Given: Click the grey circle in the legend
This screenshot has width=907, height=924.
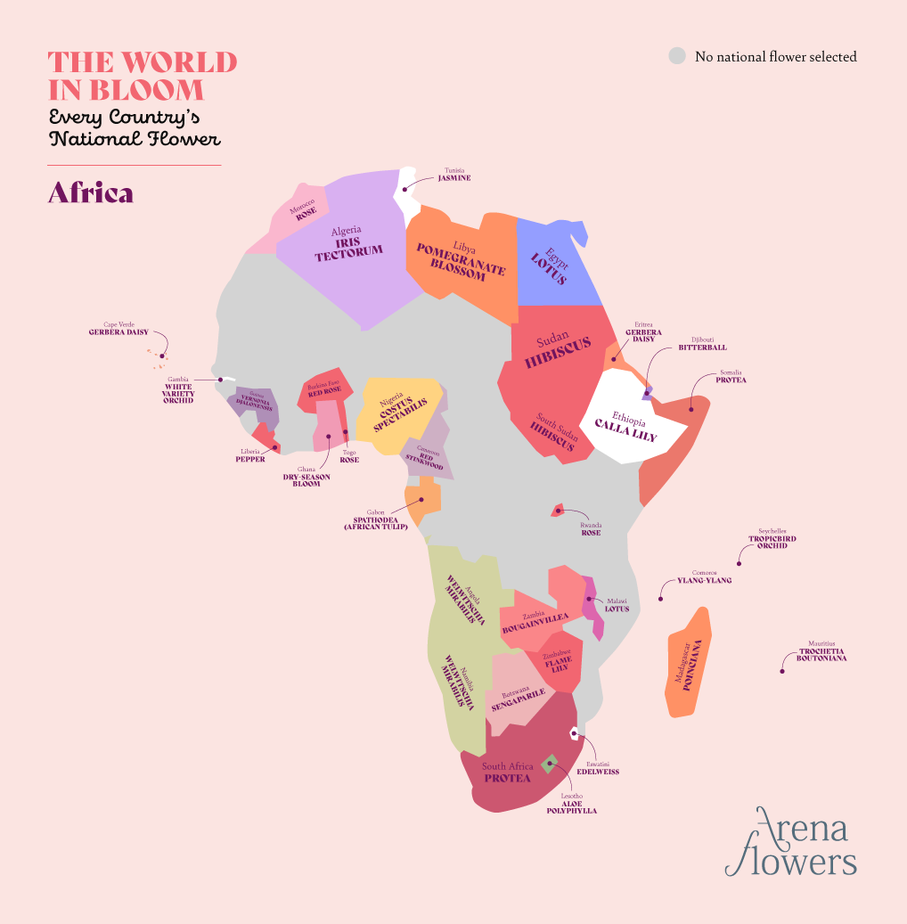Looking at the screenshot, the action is click(677, 56).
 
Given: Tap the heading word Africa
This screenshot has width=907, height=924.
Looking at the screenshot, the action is click(90, 193).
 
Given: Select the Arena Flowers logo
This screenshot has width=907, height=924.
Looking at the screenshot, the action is click(790, 842).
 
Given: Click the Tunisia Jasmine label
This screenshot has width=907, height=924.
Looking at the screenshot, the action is click(454, 175).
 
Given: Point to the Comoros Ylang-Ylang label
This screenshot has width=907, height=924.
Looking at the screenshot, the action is click(704, 576).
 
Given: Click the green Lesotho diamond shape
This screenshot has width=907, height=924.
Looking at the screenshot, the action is click(548, 763).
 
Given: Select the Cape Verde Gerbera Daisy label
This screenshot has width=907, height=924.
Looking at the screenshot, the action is click(118, 329).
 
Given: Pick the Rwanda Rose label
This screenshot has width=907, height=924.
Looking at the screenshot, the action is click(591, 529).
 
